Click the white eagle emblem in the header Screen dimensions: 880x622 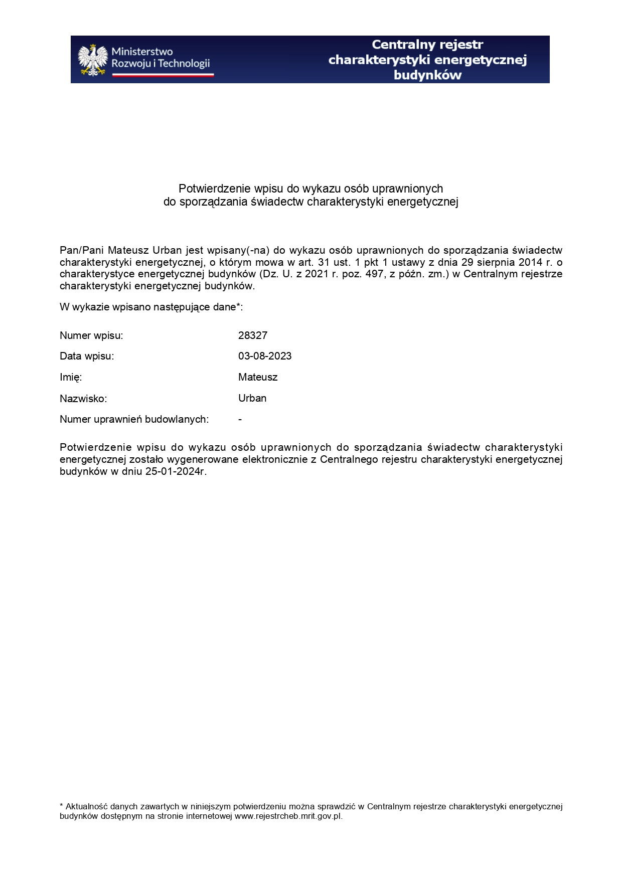93,60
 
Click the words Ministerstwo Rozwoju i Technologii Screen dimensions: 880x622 160,58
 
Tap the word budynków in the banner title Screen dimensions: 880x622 427,75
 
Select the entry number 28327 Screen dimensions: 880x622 253,335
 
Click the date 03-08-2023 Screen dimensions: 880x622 265,356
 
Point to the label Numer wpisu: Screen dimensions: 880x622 91,335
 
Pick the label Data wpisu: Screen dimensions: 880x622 87,356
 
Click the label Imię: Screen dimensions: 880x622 71,377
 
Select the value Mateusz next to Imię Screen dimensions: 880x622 258,377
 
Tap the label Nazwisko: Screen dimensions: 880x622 83,399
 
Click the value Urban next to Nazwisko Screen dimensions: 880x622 252,398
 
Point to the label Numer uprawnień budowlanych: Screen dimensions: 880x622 134,419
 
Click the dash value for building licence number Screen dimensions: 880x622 240,419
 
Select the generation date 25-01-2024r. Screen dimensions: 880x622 176,471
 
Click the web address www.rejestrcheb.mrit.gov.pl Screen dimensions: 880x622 288,816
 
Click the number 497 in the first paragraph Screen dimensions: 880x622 375,274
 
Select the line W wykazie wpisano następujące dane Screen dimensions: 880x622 151,307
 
